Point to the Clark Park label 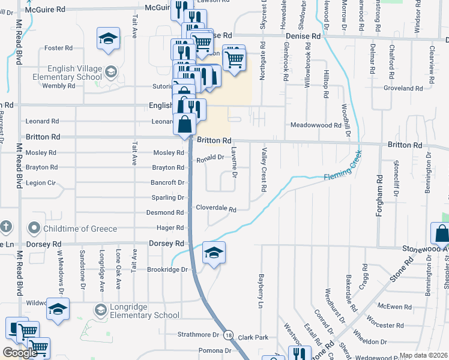[x=252, y=338]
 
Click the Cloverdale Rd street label [x=216, y=208]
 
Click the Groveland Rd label [x=403, y=88]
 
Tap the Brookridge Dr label [x=167, y=269]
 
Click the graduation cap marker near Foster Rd [x=108, y=39]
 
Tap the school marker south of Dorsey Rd [x=214, y=252]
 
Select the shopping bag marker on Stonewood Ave [x=441, y=233]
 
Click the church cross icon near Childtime [x=5, y=227]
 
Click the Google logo [x=20, y=352]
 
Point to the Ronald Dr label [x=210, y=158]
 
